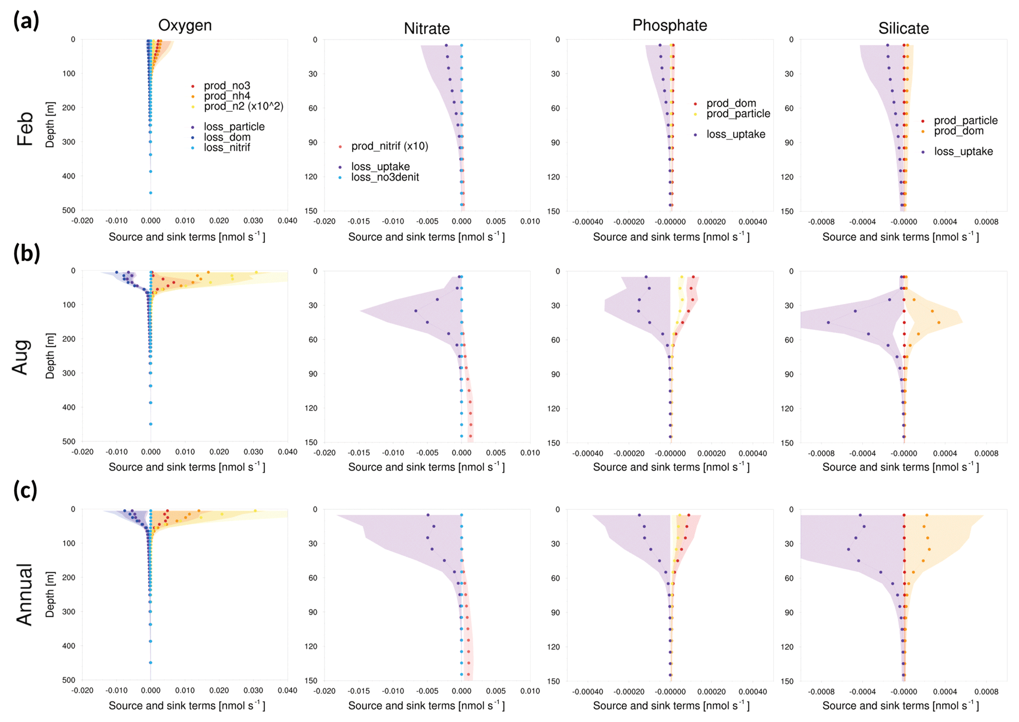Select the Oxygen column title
point(185,25)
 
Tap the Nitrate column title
point(426,29)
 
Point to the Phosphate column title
point(669,25)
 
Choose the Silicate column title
point(903,29)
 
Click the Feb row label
point(25,129)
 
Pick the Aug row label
point(21,357)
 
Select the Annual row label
point(24,594)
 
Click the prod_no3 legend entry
point(227,86)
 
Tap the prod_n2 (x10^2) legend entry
point(244,106)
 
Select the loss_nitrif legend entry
point(227,148)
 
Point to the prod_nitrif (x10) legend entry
point(389,146)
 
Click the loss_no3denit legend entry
point(385,177)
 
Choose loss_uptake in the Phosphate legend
point(736,134)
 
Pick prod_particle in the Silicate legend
point(965,121)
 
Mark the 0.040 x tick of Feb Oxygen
point(287,221)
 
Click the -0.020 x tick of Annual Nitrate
point(324,691)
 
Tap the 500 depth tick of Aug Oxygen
point(69,442)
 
